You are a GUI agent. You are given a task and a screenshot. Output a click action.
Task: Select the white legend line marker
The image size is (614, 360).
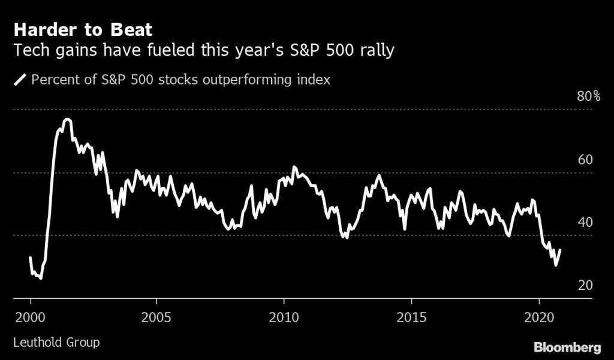click(x=20, y=80)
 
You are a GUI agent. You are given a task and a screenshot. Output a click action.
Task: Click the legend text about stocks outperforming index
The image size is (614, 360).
click(x=180, y=80)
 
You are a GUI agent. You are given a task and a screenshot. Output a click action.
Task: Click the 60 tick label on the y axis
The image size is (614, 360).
click(x=585, y=160)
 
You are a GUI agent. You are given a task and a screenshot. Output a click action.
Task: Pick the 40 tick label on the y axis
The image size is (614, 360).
click(x=585, y=222)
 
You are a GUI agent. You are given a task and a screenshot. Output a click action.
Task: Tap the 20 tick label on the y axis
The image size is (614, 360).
click(x=585, y=284)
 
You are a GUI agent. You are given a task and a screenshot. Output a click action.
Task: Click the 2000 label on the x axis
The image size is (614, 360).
click(x=31, y=315)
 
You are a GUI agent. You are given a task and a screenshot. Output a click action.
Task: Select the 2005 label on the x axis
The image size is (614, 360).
click(x=156, y=315)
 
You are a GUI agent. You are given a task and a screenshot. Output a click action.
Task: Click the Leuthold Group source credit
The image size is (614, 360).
click(x=56, y=343)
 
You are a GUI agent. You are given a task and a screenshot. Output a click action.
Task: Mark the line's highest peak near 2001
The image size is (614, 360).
click(x=67, y=119)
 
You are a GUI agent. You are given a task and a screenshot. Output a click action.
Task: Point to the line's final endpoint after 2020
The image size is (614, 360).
click(x=560, y=250)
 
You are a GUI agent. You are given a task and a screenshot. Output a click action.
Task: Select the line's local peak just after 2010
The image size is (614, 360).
click(x=294, y=167)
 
